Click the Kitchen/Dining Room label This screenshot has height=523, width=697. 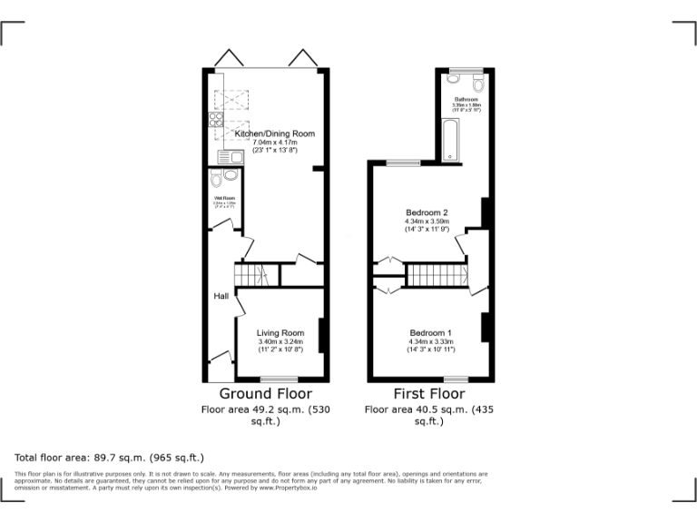click(x=274, y=133)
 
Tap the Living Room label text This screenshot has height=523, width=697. click(x=280, y=333)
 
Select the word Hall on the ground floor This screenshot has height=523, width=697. click(x=221, y=297)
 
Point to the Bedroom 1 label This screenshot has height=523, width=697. click(x=431, y=332)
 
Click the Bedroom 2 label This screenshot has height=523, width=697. click(x=427, y=213)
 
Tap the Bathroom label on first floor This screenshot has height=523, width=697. click(x=466, y=99)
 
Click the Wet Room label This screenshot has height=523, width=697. click(x=223, y=199)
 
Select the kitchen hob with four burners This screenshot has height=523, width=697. click(x=216, y=122)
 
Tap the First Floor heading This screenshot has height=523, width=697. click(x=428, y=394)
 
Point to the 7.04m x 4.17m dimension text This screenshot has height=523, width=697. click(x=275, y=143)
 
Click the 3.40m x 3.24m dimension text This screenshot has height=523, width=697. click(x=280, y=341)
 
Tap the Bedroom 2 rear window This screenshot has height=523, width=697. click(x=403, y=163)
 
